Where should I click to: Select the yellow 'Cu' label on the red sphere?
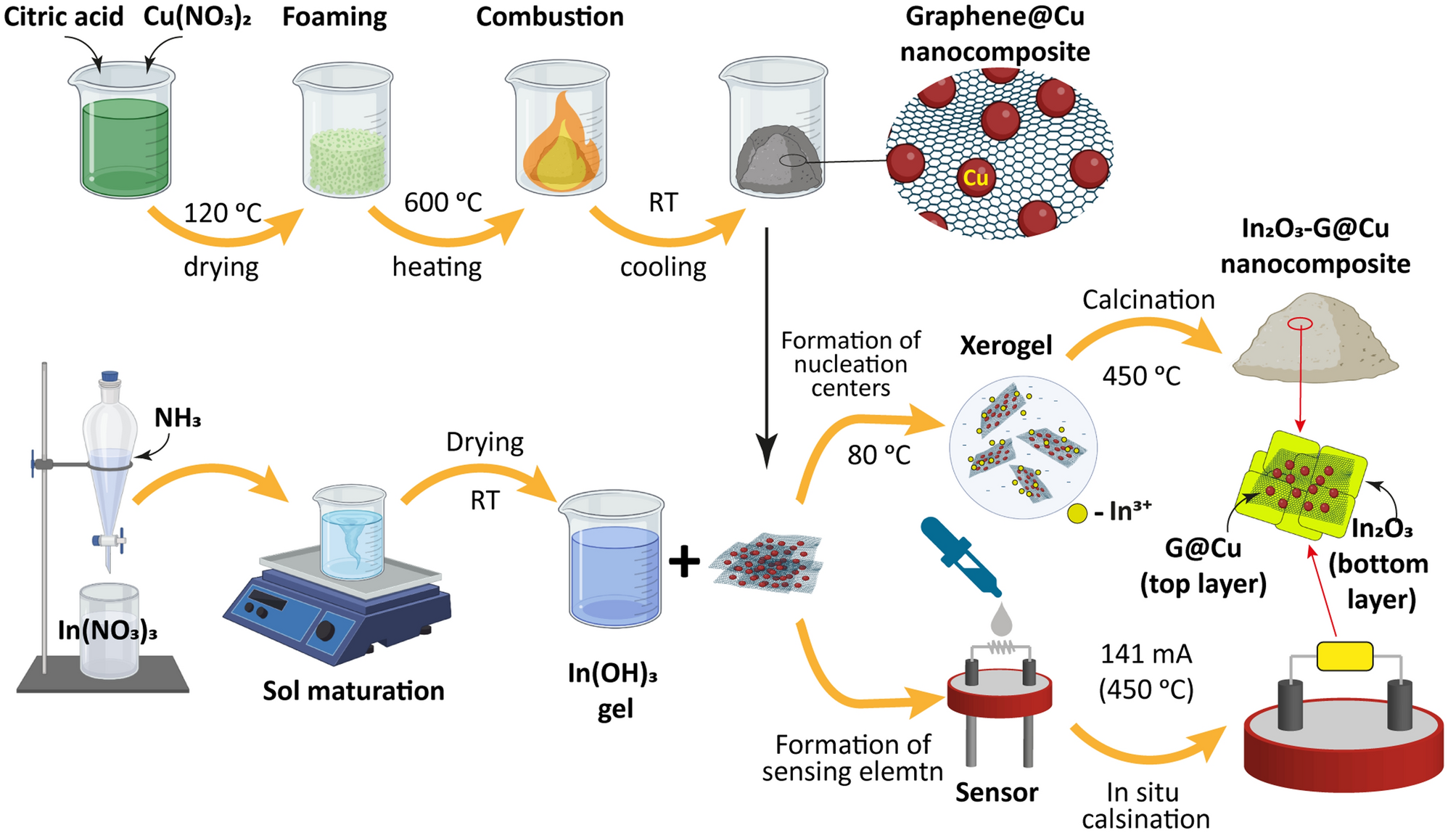976,178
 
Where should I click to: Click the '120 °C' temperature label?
222,213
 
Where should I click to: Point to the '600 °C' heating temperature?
443,202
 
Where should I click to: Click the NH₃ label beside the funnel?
177,418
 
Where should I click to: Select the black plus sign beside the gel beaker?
684,562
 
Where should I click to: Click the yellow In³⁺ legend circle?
1077,513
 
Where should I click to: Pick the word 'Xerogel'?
1005,345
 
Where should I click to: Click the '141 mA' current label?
1146,654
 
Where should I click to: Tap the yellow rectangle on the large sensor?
1344,656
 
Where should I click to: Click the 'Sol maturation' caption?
353,691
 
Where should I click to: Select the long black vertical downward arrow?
766,348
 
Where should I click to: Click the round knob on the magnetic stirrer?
324,630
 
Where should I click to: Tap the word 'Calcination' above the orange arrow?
1148,300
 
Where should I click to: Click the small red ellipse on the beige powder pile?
1300,324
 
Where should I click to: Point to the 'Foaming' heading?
334,17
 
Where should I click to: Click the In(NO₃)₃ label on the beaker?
107,630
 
